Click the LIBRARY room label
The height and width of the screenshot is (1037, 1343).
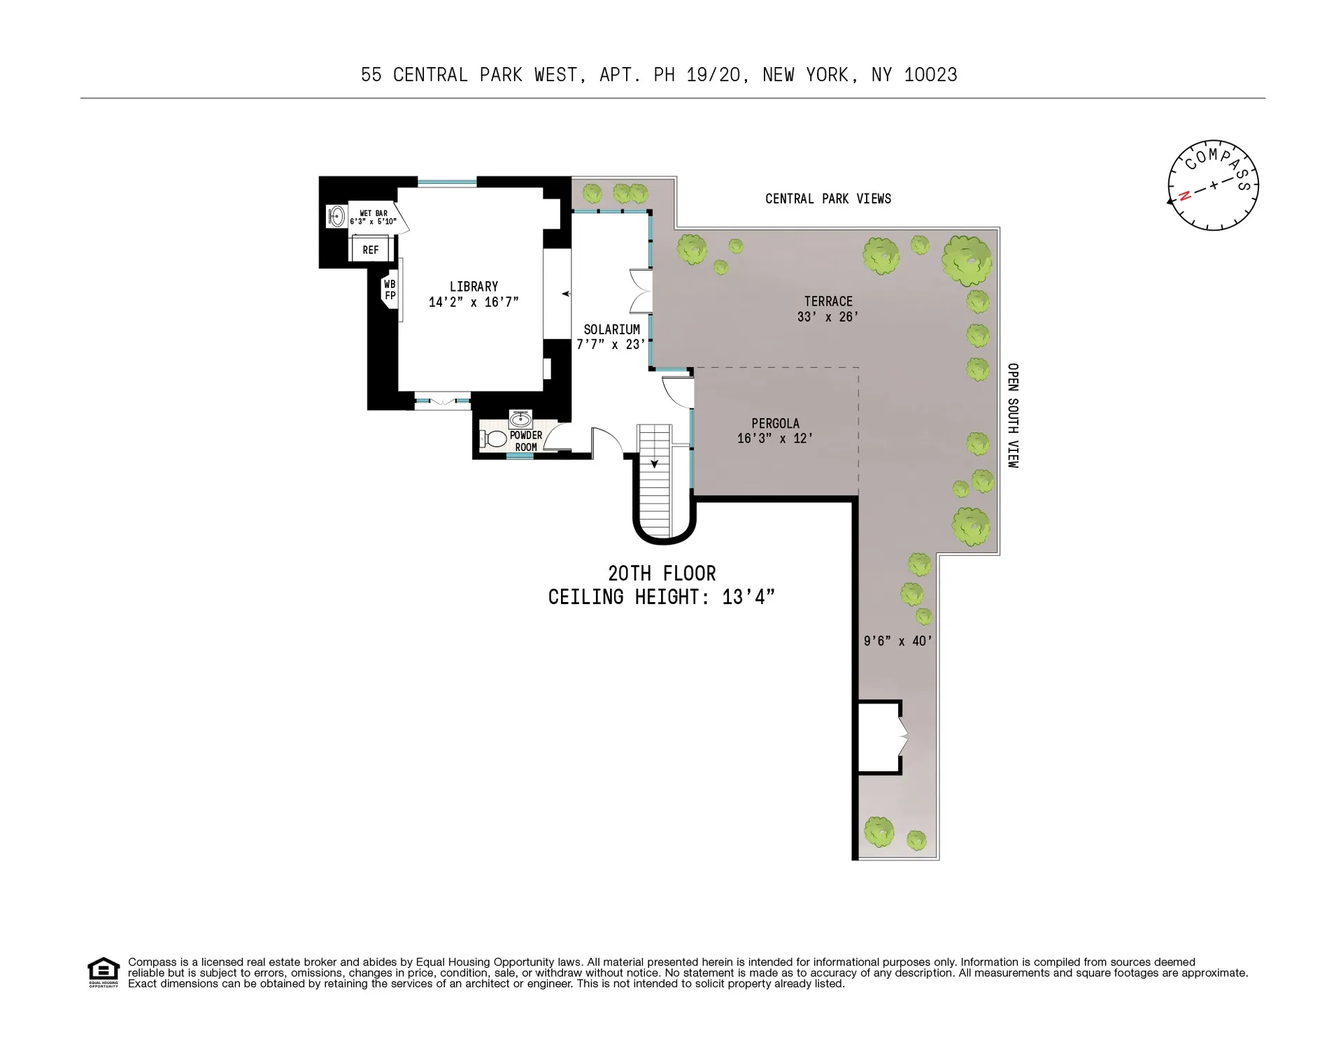[x=474, y=287]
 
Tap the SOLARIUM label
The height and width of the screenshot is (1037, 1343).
[x=611, y=329]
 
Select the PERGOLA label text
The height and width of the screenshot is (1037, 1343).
[x=775, y=423]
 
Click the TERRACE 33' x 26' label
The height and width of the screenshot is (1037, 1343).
[x=827, y=308]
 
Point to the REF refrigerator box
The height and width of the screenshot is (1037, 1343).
[x=370, y=250]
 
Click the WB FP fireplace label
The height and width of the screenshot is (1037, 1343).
[x=390, y=289]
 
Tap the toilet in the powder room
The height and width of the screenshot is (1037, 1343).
[x=495, y=439]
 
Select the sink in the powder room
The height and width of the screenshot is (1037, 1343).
[x=520, y=420]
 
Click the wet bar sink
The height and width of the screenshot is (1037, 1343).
[x=336, y=216]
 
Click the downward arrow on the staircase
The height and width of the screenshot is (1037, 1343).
[x=654, y=462]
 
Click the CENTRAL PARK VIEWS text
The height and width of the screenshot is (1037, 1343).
[x=827, y=199]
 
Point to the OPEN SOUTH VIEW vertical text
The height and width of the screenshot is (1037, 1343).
[x=1012, y=415]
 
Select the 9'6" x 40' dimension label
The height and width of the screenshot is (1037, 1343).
[x=897, y=641]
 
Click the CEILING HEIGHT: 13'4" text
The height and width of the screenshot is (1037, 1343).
[x=661, y=597]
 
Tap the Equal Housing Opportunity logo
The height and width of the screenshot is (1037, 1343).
[x=103, y=971]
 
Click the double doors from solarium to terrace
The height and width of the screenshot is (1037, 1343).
[x=641, y=291]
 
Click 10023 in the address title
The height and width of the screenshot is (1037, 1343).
[x=930, y=75]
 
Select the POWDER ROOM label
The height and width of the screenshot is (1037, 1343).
[x=525, y=441]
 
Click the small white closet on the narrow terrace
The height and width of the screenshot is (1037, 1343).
[x=879, y=737]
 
